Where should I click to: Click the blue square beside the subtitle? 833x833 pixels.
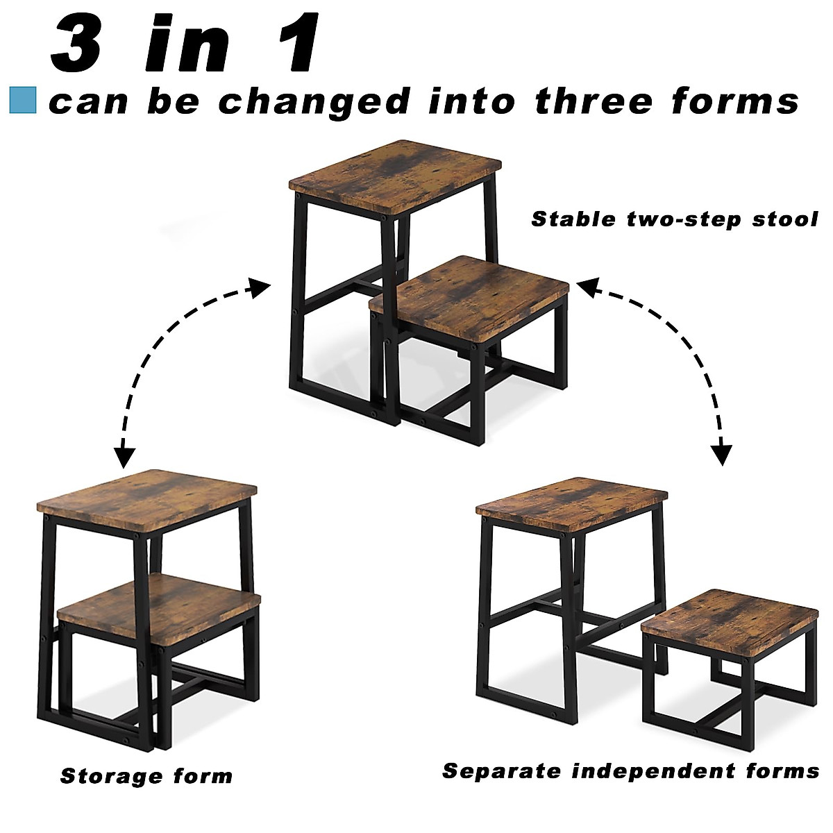click(22, 100)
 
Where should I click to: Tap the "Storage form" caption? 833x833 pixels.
click(146, 775)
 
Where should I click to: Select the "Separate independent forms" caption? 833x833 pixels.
click(630, 771)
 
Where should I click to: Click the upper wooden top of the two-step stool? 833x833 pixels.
click(396, 175)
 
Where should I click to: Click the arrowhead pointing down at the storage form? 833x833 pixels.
click(124, 457)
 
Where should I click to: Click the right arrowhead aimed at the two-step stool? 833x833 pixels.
click(587, 287)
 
